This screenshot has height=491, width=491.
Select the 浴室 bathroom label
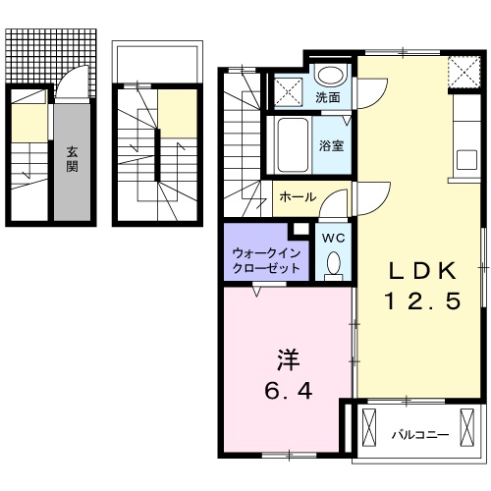329,145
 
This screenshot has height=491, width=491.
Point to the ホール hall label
298,196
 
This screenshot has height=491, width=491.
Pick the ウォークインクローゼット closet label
266,259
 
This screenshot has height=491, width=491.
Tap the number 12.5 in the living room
420,302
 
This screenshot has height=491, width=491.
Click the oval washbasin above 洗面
332,74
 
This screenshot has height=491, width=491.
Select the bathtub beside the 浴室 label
293,144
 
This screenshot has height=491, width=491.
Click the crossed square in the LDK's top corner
460,73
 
